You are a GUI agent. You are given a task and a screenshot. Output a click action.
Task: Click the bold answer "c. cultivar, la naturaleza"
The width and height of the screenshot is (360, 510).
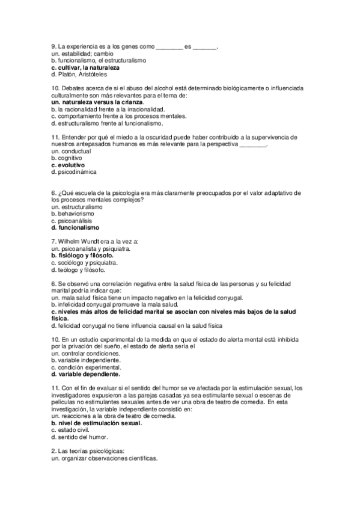pos(85,67)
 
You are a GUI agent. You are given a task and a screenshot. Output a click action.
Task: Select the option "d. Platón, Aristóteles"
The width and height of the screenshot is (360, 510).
pos(79,75)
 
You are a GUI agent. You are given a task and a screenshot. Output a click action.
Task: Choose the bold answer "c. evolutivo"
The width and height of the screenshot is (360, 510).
pos(68,165)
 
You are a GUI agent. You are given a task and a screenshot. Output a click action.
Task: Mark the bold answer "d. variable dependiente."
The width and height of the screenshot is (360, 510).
pos(86,373)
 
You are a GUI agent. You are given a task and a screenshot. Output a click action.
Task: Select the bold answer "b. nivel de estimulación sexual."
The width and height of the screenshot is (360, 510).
pos(97,423)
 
